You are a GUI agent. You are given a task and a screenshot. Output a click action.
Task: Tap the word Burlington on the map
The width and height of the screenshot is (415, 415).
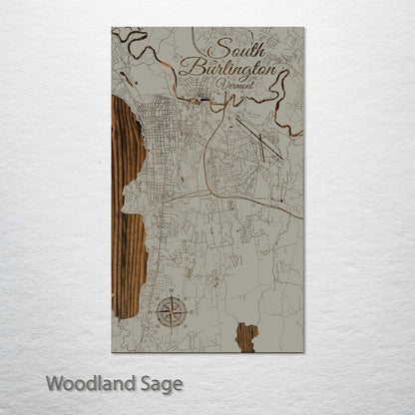pyautogui.click(x=226, y=71)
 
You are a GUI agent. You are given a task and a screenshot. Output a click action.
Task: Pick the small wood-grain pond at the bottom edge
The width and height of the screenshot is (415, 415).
pyautogui.click(x=245, y=334)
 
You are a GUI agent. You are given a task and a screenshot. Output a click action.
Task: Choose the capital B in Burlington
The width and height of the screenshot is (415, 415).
pyautogui.click(x=186, y=70)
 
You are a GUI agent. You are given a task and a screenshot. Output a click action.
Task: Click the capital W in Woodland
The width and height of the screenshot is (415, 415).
pyautogui.click(x=54, y=382)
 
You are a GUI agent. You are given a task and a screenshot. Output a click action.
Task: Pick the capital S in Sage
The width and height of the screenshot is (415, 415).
pyautogui.click(x=141, y=382)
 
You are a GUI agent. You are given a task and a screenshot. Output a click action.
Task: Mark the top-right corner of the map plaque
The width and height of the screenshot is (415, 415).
pyautogui.click(x=302, y=28)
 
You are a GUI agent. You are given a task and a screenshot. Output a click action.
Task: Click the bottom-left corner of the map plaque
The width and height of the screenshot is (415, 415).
pyautogui.click(x=112, y=351)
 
